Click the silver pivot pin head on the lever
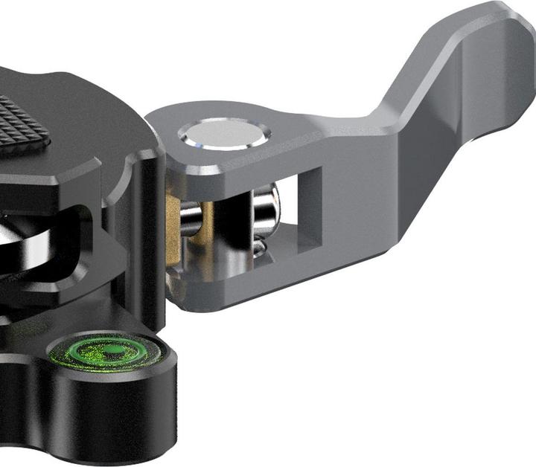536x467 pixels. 223,135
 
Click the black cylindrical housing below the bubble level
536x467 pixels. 112,416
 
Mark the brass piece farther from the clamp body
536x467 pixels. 206,223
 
